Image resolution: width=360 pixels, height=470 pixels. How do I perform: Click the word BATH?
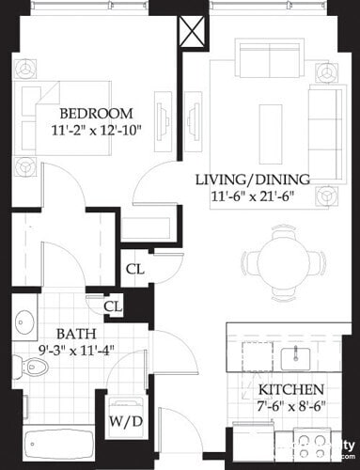73,334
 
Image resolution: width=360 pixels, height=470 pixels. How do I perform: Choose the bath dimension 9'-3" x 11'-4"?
73,351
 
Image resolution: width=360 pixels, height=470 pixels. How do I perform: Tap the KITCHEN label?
292,389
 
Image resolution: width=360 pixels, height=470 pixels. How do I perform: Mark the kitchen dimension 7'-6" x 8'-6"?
292,406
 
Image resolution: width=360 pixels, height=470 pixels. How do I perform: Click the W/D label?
126,422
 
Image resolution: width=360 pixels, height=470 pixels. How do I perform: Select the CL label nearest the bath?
113,306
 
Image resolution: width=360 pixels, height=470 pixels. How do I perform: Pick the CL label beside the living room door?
135,269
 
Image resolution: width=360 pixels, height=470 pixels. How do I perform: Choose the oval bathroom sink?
24,323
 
